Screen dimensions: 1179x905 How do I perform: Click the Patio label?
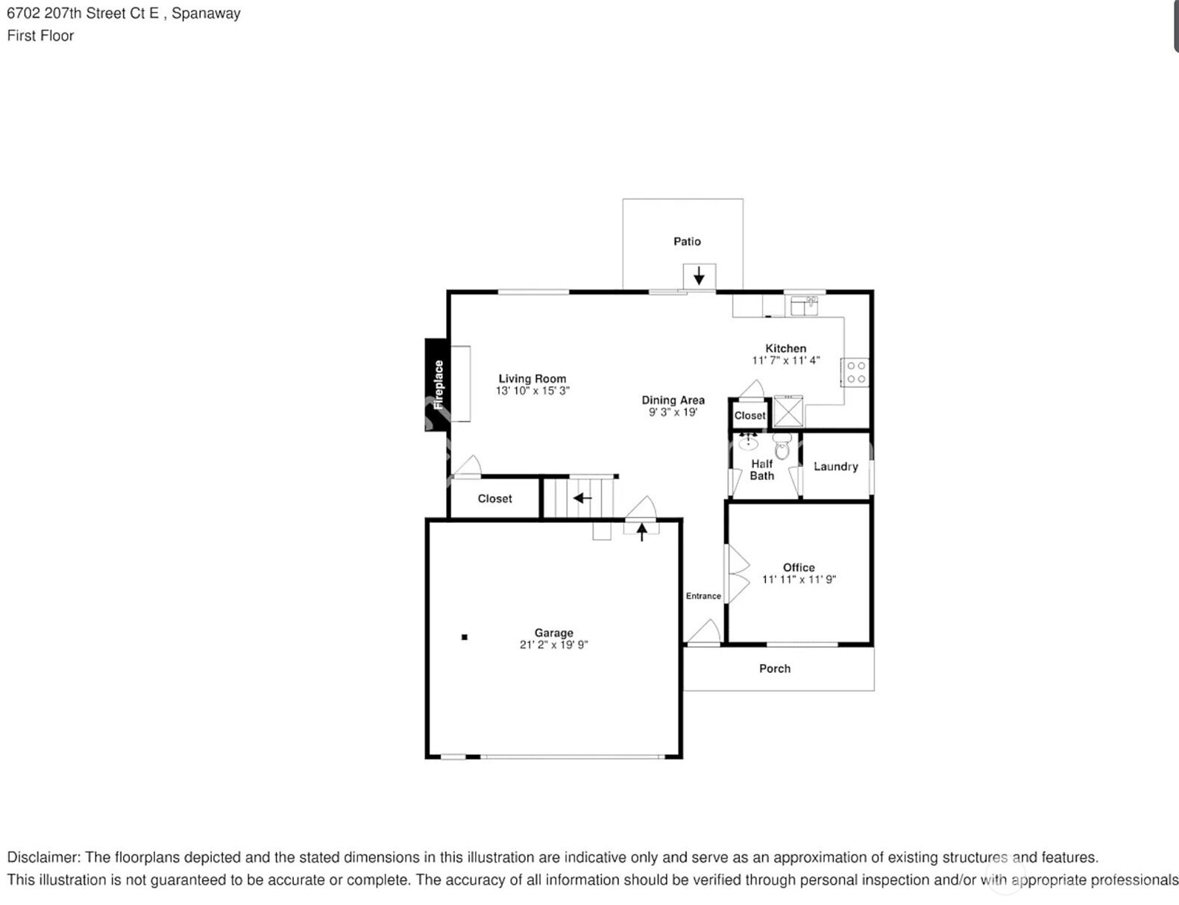pyautogui.click(x=687, y=242)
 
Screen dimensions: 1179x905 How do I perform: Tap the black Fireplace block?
pyautogui.click(x=436, y=385)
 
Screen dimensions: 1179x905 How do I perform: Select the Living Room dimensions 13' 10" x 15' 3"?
pyautogui.click(x=532, y=391)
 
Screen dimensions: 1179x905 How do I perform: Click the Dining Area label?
pyautogui.click(x=673, y=400)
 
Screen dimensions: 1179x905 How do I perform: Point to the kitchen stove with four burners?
pyautogui.click(x=855, y=372)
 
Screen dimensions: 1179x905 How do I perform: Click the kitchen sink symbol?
pyautogui.click(x=804, y=306)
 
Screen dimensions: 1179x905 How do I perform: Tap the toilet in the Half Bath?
pyautogui.click(x=782, y=446)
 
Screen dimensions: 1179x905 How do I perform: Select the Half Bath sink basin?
pyautogui.click(x=748, y=442)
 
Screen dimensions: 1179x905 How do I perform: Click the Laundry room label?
pyautogui.click(x=835, y=466)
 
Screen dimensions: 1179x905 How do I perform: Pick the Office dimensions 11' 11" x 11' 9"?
pyautogui.click(x=799, y=580)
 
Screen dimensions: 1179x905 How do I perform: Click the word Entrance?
pyautogui.click(x=703, y=595)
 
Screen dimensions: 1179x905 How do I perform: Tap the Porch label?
pyautogui.click(x=775, y=668)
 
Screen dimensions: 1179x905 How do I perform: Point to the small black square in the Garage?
pyautogui.click(x=465, y=637)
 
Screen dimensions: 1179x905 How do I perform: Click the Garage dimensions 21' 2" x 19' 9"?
pyautogui.click(x=553, y=645)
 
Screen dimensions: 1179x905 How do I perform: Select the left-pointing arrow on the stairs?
pyautogui.click(x=582, y=498)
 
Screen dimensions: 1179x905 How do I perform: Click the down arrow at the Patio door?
pyautogui.click(x=699, y=275)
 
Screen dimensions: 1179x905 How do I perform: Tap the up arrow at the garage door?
pyautogui.click(x=642, y=532)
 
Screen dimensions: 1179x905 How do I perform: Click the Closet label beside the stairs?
pyautogui.click(x=494, y=498)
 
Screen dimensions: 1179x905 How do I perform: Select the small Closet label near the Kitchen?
pyautogui.click(x=749, y=416)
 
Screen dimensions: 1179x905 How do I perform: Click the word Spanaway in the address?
pyautogui.click(x=206, y=13)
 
